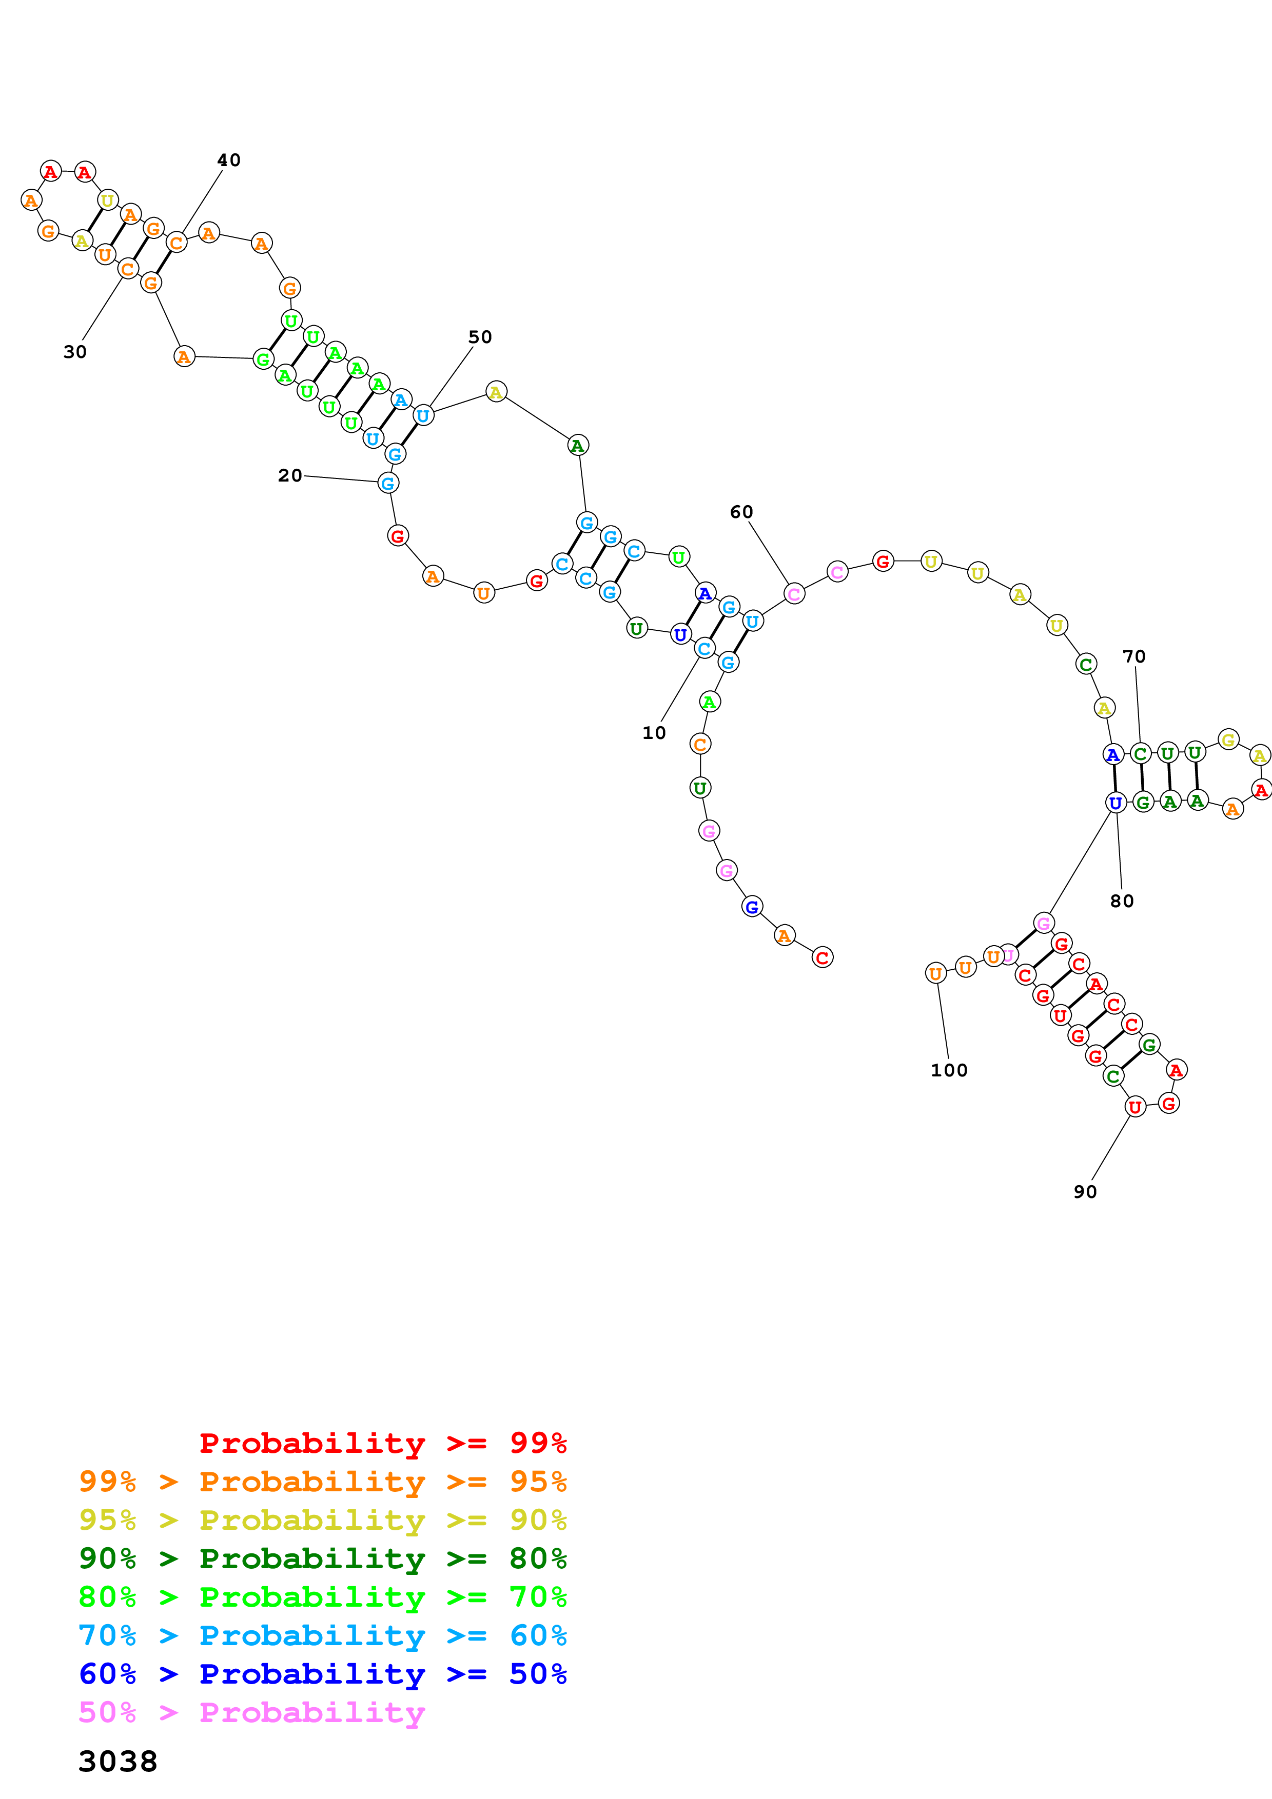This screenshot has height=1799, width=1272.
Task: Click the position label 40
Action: click(x=229, y=161)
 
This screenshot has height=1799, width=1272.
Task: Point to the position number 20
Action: click(x=290, y=475)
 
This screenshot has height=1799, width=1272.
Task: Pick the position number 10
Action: click(x=654, y=733)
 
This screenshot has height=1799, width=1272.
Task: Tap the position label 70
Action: click(x=1133, y=656)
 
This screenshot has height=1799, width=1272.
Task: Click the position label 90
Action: click(x=1085, y=1192)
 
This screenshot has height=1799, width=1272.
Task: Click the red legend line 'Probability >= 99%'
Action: click(x=382, y=1443)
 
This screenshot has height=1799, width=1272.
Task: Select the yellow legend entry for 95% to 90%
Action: click(x=322, y=1520)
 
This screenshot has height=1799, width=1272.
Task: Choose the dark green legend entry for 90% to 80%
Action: click(x=322, y=1558)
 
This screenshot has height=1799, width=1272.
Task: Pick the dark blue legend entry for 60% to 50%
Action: click(x=322, y=1674)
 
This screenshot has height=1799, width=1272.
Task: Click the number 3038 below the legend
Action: click(x=118, y=1762)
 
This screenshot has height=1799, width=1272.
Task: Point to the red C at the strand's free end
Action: click(x=821, y=957)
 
